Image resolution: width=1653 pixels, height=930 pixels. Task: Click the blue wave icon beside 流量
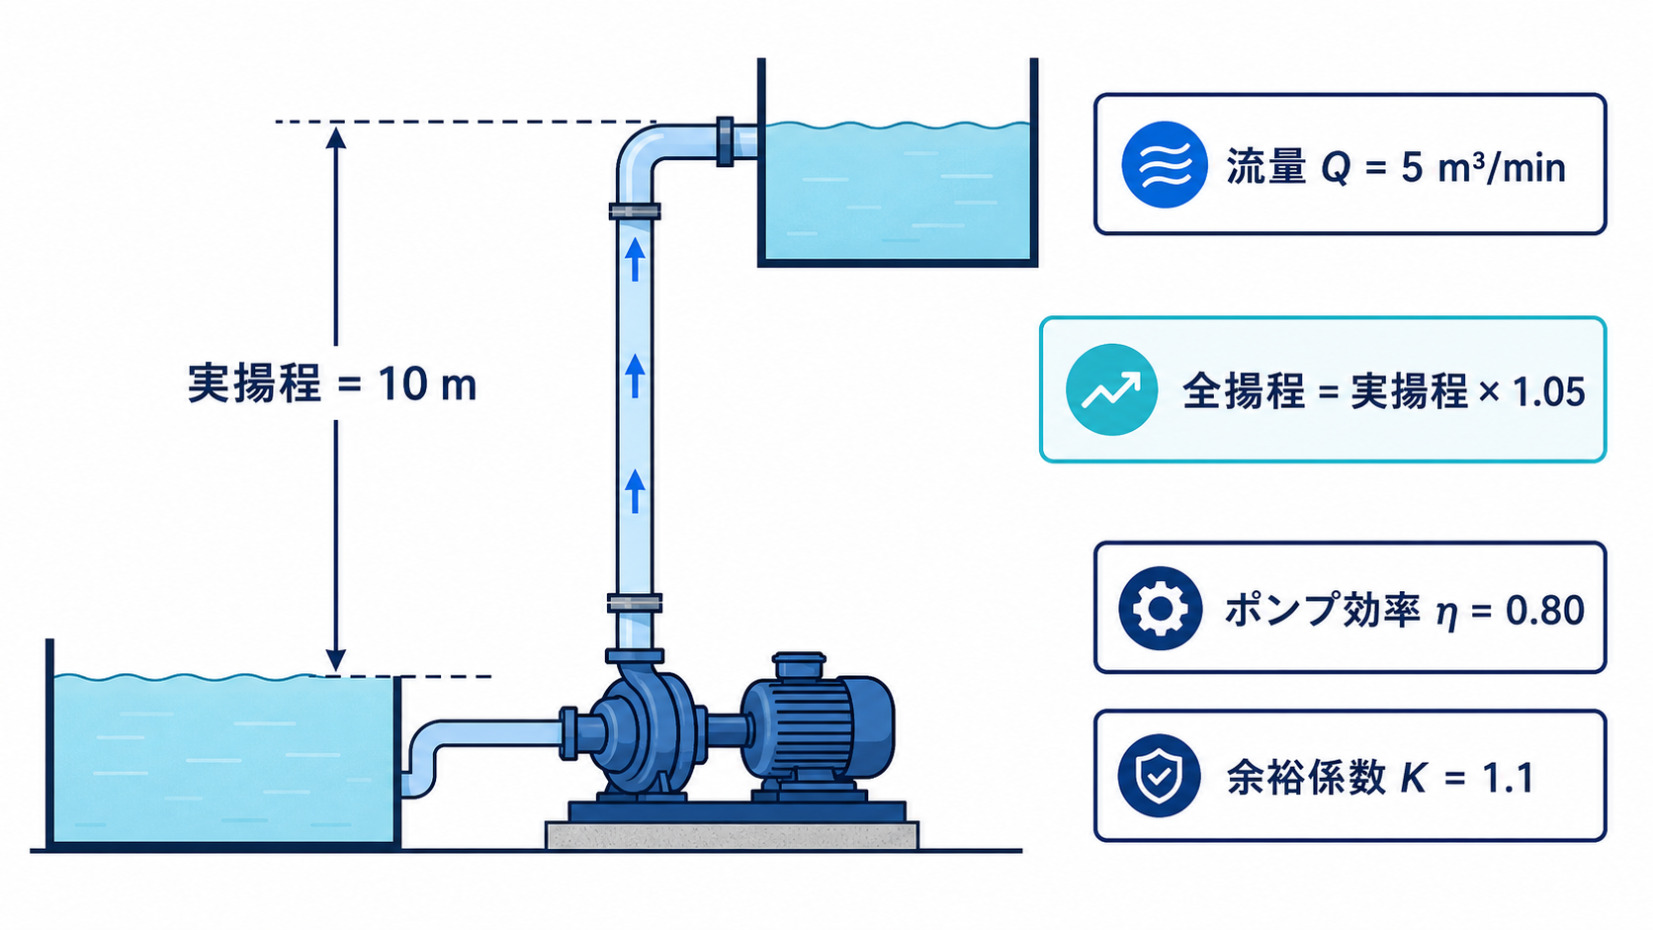pos(1164,164)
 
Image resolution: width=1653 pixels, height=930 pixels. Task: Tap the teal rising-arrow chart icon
pos(1111,389)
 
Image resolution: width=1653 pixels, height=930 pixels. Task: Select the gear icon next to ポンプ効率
pos(1160,609)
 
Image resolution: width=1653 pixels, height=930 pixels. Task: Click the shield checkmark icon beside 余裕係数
pos(1159,776)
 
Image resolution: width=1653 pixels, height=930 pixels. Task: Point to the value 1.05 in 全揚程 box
pos(1548,391)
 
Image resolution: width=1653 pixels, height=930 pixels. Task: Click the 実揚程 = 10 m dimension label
pos(332,384)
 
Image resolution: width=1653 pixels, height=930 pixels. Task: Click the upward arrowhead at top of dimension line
pos(336,137)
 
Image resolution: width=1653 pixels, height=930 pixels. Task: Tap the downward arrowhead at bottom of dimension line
pos(336,660)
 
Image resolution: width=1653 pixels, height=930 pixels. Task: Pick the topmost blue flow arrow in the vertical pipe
pos(635,258)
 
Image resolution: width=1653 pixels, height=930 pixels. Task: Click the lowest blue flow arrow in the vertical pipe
pos(635,491)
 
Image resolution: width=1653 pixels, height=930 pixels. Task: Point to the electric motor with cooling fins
pos(817,726)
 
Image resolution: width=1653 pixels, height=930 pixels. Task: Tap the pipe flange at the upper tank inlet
pos(725,141)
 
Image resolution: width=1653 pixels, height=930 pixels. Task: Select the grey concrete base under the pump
pos(732,835)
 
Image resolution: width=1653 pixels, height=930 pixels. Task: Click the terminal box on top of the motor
pos(799,664)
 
